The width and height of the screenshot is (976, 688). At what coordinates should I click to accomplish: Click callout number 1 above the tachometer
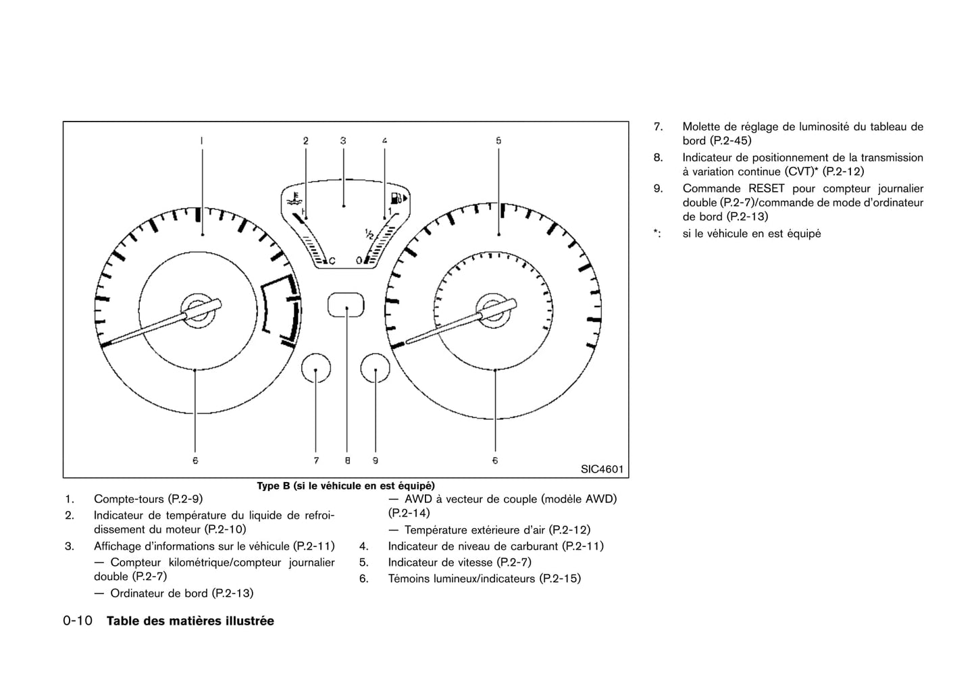tap(201, 140)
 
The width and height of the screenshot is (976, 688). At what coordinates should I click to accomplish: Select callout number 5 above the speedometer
tap(498, 140)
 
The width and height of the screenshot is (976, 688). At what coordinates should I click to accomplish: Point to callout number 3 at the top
tap(343, 140)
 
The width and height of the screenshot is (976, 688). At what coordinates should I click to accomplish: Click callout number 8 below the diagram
tap(347, 460)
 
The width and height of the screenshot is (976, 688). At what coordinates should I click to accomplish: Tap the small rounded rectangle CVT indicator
tap(346, 305)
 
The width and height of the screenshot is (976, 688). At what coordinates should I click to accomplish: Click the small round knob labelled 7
tap(316, 369)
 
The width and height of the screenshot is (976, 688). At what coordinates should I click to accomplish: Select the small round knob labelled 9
tap(376, 369)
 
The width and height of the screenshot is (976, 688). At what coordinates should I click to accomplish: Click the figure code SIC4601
tap(602, 469)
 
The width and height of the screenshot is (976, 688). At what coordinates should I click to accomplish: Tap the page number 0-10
tap(78, 621)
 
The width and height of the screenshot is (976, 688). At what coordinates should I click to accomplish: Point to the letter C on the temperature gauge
tap(332, 260)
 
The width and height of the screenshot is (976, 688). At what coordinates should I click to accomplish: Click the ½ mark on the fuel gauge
tap(369, 234)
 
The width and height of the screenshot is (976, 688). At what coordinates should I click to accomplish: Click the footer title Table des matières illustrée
tap(190, 621)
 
